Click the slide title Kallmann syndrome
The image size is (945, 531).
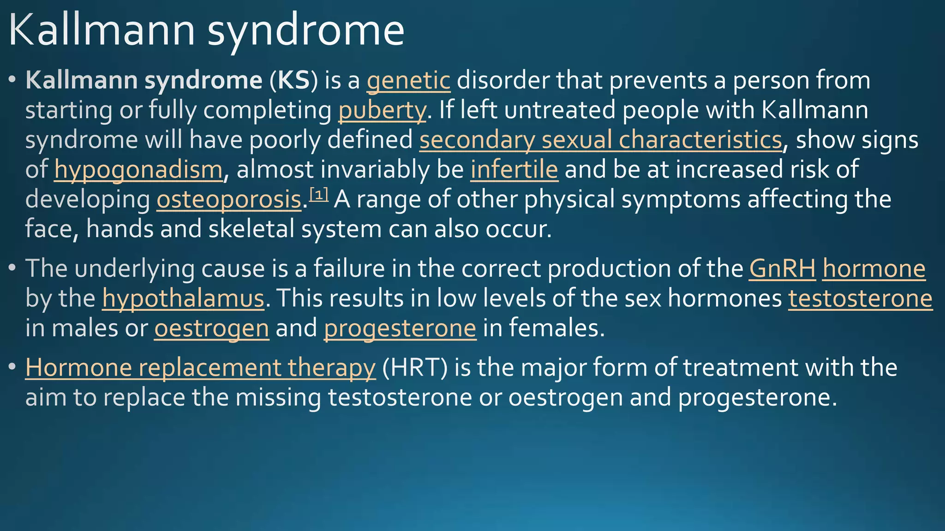point(206,31)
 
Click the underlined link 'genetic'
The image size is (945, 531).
point(408,81)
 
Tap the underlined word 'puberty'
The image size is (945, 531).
point(382,111)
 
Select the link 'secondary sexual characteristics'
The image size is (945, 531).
point(601,141)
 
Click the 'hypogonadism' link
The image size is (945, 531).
point(138,170)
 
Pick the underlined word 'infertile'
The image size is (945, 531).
point(514,170)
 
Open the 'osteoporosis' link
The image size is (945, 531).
point(229,200)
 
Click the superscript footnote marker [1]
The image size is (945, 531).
point(318,195)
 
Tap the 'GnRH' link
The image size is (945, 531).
point(782,269)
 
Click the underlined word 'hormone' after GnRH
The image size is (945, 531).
point(873,269)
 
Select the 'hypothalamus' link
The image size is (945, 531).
point(183,299)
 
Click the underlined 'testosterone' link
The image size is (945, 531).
point(860,299)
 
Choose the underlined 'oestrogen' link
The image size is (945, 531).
point(211,329)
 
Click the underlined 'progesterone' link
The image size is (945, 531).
point(400,329)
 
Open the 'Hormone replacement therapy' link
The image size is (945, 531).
point(200,368)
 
